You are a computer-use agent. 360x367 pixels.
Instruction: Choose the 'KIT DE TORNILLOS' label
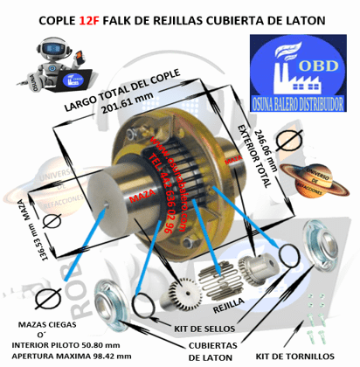pos(294,357)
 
